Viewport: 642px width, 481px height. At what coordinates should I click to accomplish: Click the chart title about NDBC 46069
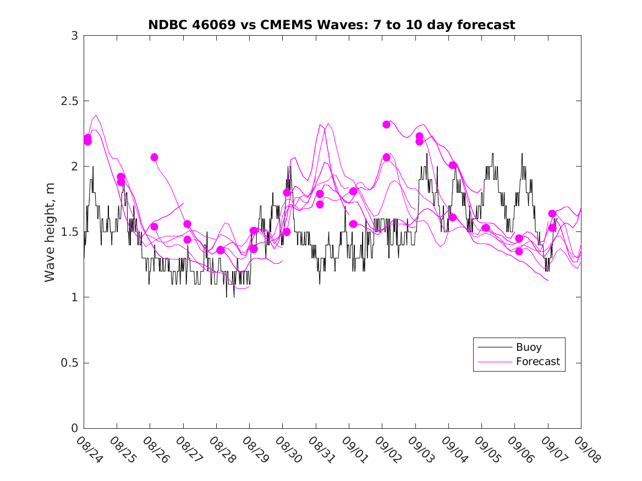point(332,25)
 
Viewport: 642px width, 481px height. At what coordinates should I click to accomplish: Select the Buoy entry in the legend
point(528,347)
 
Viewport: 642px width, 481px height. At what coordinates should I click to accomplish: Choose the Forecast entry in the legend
point(537,362)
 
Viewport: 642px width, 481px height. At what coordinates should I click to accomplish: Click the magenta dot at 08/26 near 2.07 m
point(154,157)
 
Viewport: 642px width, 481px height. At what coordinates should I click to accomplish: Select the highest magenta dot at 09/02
point(386,125)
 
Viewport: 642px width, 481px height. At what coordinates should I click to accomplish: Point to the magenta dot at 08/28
point(221,250)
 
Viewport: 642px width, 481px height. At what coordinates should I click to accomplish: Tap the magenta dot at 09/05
point(486,228)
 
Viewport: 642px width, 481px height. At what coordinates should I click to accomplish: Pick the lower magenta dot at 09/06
point(519,251)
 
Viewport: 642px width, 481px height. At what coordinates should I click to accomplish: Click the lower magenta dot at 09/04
point(453,217)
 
